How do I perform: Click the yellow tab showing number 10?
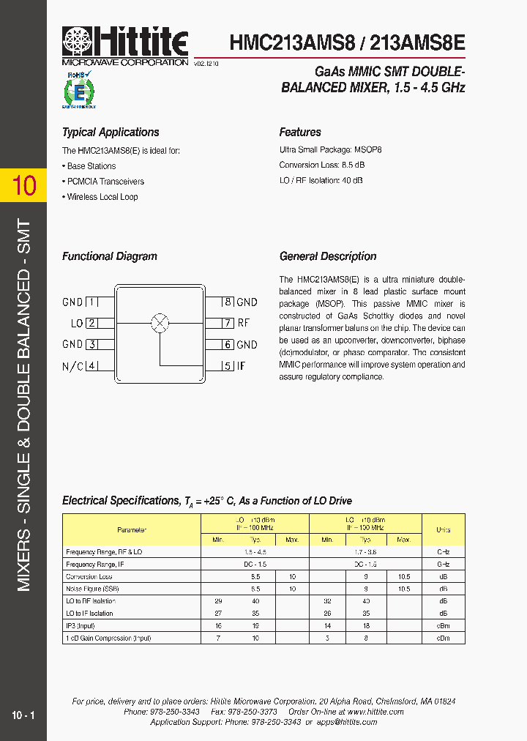pyautogui.click(x=23, y=185)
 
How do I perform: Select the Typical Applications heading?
pyautogui.click(x=111, y=133)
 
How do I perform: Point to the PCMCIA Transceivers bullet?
pyautogui.click(x=105, y=182)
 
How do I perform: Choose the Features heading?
pyautogui.click(x=300, y=133)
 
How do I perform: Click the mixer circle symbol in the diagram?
pyautogui.click(x=160, y=323)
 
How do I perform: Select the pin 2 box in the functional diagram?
pyautogui.click(x=92, y=323)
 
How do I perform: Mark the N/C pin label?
pyautogui.click(x=72, y=366)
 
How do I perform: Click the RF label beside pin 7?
pyautogui.click(x=244, y=323)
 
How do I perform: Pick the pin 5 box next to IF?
pyautogui.click(x=228, y=366)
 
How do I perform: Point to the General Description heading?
pyautogui.click(x=328, y=256)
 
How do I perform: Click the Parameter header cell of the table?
pyautogui.click(x=132, y=529)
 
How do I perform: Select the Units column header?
pyautogui.click(x=444, y=529)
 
